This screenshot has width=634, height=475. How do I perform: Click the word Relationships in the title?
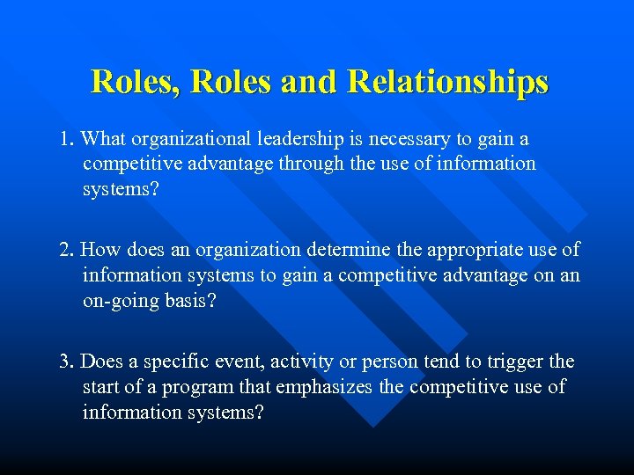coord(448,82)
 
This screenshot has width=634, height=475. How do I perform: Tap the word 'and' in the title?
coord(310,82)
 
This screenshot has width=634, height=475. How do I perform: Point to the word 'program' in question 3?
coord(197,387)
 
